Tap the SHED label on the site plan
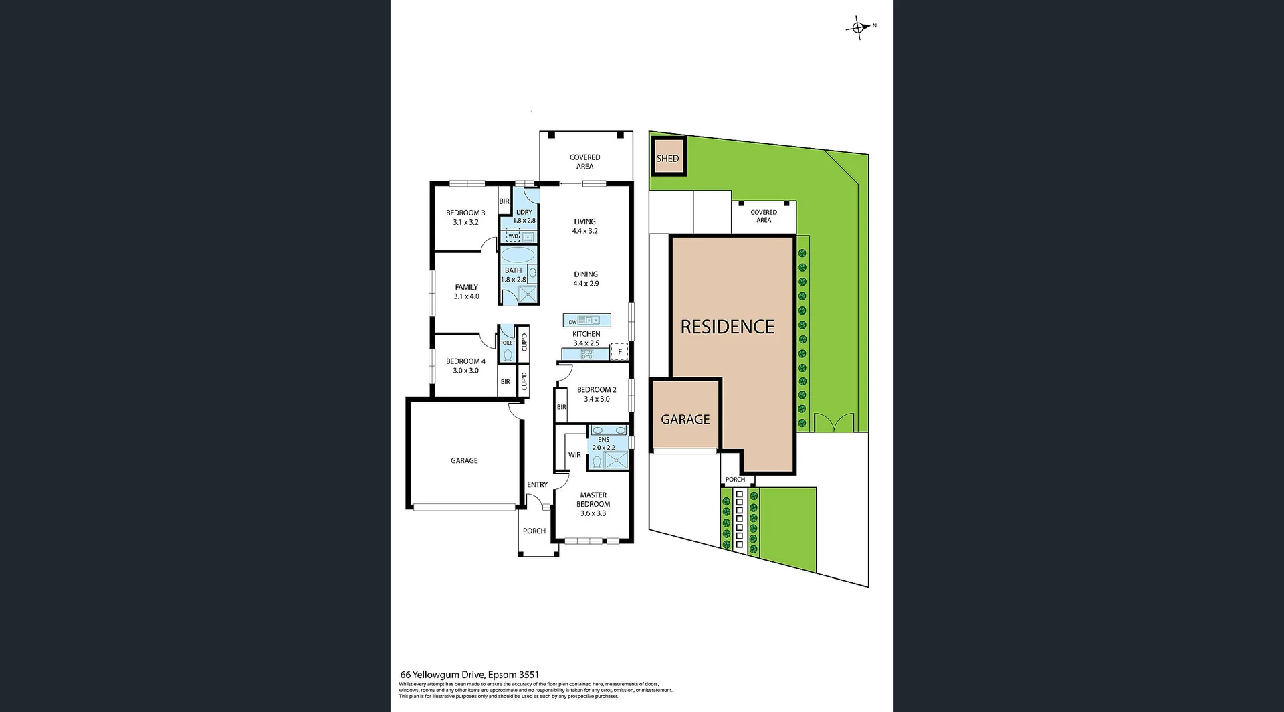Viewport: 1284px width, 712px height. click(667, 159)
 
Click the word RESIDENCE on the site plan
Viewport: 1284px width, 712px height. click(727, 327)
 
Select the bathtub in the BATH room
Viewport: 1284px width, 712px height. click(518, 255)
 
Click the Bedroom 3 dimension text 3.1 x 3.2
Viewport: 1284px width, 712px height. click(465, 222)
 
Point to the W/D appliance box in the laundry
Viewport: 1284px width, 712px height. click(513, 236)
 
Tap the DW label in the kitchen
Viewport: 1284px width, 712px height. click(572, 322)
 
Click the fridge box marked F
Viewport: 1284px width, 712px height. click(619, 352)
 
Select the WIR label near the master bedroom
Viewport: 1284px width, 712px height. click(574, 455)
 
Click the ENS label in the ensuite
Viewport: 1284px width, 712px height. click(603, 440)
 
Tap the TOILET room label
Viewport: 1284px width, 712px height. click(508, 343)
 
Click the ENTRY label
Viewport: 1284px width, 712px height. click(537, 484)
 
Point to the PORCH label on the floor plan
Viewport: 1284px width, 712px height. click(534, 531)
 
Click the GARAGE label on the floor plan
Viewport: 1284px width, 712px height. click(464, 460)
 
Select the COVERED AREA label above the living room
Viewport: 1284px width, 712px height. click(584, 161)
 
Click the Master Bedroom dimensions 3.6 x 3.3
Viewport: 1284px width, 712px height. click(593, 513)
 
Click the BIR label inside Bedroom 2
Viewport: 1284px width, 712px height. click(561, 407)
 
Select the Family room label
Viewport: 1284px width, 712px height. click(466, 287)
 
